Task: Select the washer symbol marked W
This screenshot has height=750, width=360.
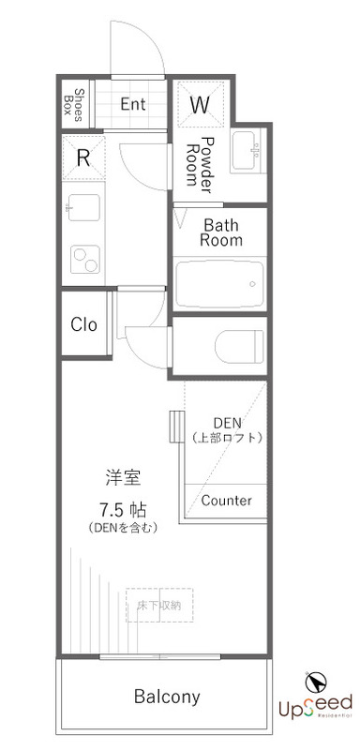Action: pyautogui.click(x=200, y=105)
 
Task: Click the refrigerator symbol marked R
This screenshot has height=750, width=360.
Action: pyautogui.click(x=83, y=157)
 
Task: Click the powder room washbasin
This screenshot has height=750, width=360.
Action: pyautogui.click(x=247, y=150)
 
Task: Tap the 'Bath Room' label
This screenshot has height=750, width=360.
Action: pyautogui.click(x=223, y=232)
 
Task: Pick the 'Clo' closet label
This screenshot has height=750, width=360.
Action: pyautogui.click(x=84, y=325)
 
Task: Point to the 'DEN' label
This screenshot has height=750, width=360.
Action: pyautogui.click(x=227, y=422)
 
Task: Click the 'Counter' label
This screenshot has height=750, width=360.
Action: pyautogui.click(x=227, y=500)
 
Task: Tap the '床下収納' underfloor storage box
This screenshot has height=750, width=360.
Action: pyautogui.click(x=159, y=605)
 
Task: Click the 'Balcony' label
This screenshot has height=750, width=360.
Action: pyautogui.click(x=167, y=697)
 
